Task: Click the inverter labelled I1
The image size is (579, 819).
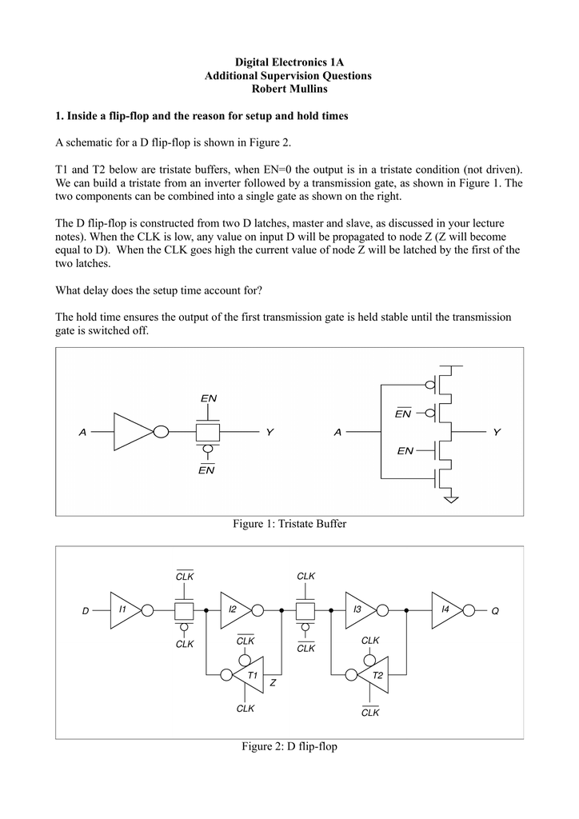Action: (x=126, y=609)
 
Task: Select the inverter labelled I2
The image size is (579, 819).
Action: (x=236, y=609)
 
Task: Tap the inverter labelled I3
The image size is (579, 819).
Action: (x=361, y=609)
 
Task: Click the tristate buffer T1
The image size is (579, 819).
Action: (x=248, y=675)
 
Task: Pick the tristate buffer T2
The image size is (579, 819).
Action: (x=373, y=675)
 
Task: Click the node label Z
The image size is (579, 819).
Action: (x=273, y=683)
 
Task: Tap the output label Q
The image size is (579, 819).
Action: (x=495, y=610)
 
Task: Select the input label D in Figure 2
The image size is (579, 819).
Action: (x=85, y=610)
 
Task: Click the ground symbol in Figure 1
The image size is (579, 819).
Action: (x=451, y=499)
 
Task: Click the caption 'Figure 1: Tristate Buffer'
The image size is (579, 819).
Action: (x=289, y=524)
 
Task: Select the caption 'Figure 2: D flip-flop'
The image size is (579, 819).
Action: (x=289, y=746)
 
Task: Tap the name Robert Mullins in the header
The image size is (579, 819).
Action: (x=289, y=89)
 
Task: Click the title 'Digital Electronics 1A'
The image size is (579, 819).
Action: (x=289, y=62)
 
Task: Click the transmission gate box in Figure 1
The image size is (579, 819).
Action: (x=208, y=433)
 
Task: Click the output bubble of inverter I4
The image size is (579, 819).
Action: (x=469, y=610)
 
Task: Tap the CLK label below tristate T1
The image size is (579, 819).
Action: (x=245, y=709)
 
